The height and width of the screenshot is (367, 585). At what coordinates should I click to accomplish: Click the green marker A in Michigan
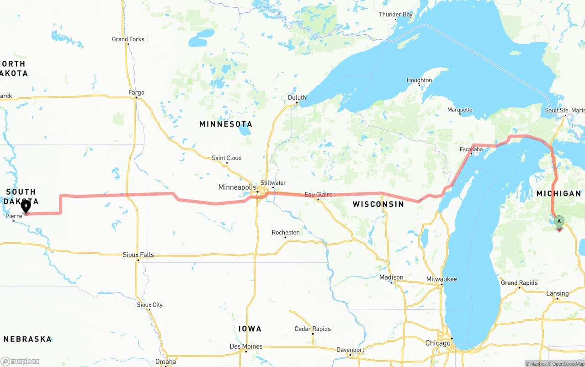click(558, 222)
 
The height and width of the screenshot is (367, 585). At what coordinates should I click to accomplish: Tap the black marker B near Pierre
click(26, 206)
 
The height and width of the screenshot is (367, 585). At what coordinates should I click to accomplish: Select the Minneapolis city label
click(237, 187)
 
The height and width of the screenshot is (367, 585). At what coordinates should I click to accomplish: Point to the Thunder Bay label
click(396, 15)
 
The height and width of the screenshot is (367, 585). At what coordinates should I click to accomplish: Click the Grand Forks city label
click(128, 39)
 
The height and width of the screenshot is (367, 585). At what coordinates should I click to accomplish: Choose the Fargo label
click(136, 93)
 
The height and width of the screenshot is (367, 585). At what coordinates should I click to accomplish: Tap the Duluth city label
click(297, 98)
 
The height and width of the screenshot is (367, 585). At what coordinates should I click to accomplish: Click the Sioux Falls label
click(138, 255)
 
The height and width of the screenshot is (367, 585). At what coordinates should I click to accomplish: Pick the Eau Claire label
click(319, 195)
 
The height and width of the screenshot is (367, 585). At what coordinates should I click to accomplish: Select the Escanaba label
click(471, 149)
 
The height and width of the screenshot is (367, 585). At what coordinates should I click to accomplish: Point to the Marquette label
click(460, 110)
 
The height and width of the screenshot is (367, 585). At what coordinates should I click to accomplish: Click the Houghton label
click(419, 80)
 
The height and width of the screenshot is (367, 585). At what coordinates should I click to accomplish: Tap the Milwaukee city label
click(441, 279)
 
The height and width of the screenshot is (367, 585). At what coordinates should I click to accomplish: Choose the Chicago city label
click(438, 343)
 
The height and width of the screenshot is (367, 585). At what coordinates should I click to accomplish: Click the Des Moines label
click(246, 346)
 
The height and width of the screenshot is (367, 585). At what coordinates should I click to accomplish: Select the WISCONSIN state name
click(378, 204)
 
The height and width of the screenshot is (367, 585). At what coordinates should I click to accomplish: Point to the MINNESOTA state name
click(226, 124)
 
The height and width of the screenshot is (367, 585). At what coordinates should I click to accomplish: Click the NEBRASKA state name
click(27, 339)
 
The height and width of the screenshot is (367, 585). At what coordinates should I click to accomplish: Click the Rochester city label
click(285, 233)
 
